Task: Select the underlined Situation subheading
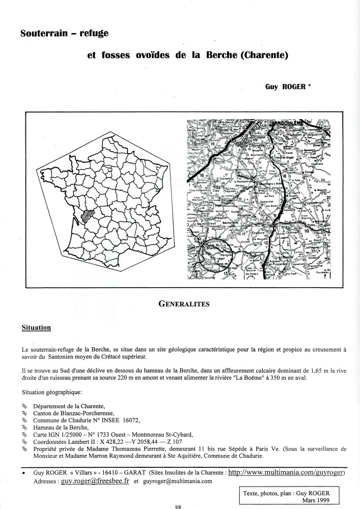click(x=36, y=327)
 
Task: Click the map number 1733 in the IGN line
click(x=102, y=434)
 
